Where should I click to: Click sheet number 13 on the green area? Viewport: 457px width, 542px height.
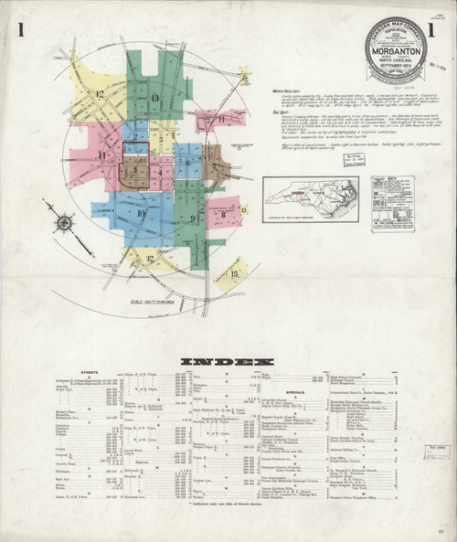tap(154, 98)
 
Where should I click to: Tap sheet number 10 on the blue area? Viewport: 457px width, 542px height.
tap(141, 214)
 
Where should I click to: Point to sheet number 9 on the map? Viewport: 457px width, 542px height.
tap(193, 218)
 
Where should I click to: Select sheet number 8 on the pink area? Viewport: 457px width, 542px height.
tap(222, 213)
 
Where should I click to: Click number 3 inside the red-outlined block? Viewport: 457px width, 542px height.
tap(134, 169)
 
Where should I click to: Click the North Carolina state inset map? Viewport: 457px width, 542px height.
tap(310, 200)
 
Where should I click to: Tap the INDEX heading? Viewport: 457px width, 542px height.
tap(227, 363)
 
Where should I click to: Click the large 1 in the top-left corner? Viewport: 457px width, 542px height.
tap(20, 30)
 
